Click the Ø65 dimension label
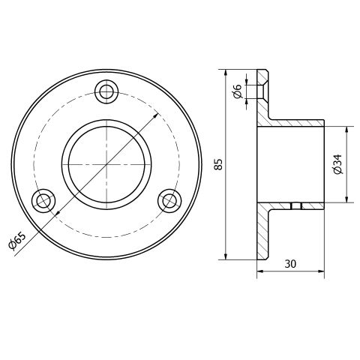[x=16, y=241]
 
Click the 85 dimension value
[x=218, y=164]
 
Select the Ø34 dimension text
[x=337, y=164]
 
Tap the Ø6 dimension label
[x=237, y=91]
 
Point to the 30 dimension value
[x=290, y=264]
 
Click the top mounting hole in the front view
[x=106, y=91]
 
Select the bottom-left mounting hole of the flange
[x=43, y=201]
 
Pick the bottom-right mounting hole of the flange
[x=170, y=201]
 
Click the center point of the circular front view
[x=106, y=164]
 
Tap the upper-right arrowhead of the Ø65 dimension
[x=156, y=115]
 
